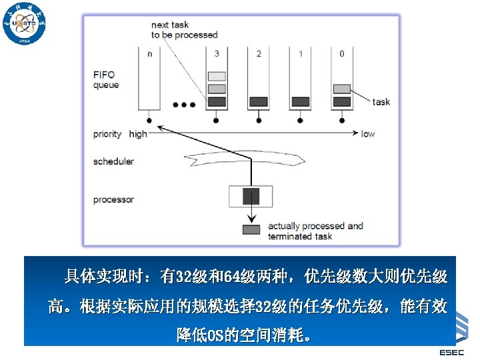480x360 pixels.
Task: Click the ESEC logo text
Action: [x=452, y=352]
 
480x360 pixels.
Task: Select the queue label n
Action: [x=149, y=54]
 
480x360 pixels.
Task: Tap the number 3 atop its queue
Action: [x=217, y=54]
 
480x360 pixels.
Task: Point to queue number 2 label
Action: [x=259, y=54]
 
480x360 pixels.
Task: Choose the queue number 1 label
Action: [x=300, y=54]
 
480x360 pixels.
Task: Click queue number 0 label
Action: [x=341, y=54]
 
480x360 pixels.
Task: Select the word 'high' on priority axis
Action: [x=138, y=134]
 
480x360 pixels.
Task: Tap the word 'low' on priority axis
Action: [x=368, y=134]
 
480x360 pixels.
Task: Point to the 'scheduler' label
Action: [x=113, y=161]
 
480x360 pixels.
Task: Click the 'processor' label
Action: [x=113, y=199]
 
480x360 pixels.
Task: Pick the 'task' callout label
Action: [x=381, y=102]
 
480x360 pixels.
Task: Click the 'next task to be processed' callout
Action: [x=184, y=30]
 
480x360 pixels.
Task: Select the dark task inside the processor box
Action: [x=251, y=196]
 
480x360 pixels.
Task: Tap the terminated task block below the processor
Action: [x=251, y=230]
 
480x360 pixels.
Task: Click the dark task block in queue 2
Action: [x=258, y=102]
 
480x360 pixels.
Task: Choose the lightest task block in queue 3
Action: [x=217, y=76]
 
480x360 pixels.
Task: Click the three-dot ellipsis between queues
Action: [x=184, y=105]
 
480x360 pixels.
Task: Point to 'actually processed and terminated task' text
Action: [x=315, y=231]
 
